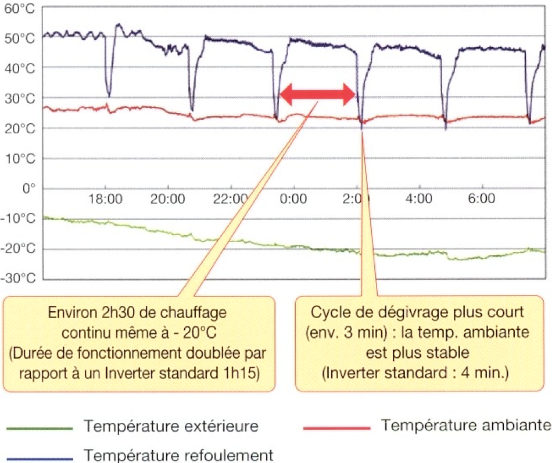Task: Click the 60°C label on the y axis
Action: [x=21, y=9]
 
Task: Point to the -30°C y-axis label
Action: [x=20, y=279]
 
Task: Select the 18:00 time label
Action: [x=105, y=199]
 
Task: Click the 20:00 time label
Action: [x=167, y=199]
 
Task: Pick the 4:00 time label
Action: [x=418, y=199]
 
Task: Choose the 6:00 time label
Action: [x=481, y=199]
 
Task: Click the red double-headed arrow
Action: [x=317, y=94]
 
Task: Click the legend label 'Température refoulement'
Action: [x=179, y=454]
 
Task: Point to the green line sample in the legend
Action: [x=40, y=429]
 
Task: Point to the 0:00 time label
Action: [x=293, y=199]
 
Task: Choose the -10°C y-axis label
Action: [x=20, y=219]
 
